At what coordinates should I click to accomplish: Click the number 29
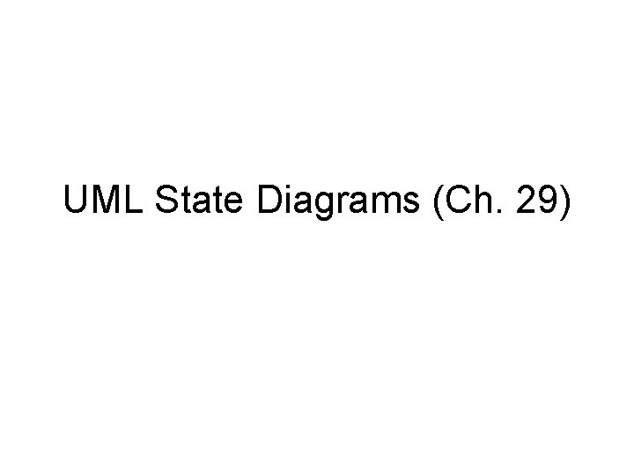537,201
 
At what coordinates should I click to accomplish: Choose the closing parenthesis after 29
566,203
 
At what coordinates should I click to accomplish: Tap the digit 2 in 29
525,201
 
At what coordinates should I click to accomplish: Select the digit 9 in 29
548,201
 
